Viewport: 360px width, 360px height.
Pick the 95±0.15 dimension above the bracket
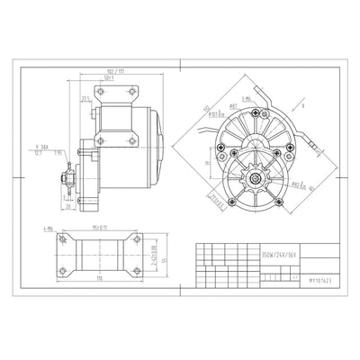coord(94,229)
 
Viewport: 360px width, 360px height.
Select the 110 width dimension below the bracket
coord(94,280)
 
